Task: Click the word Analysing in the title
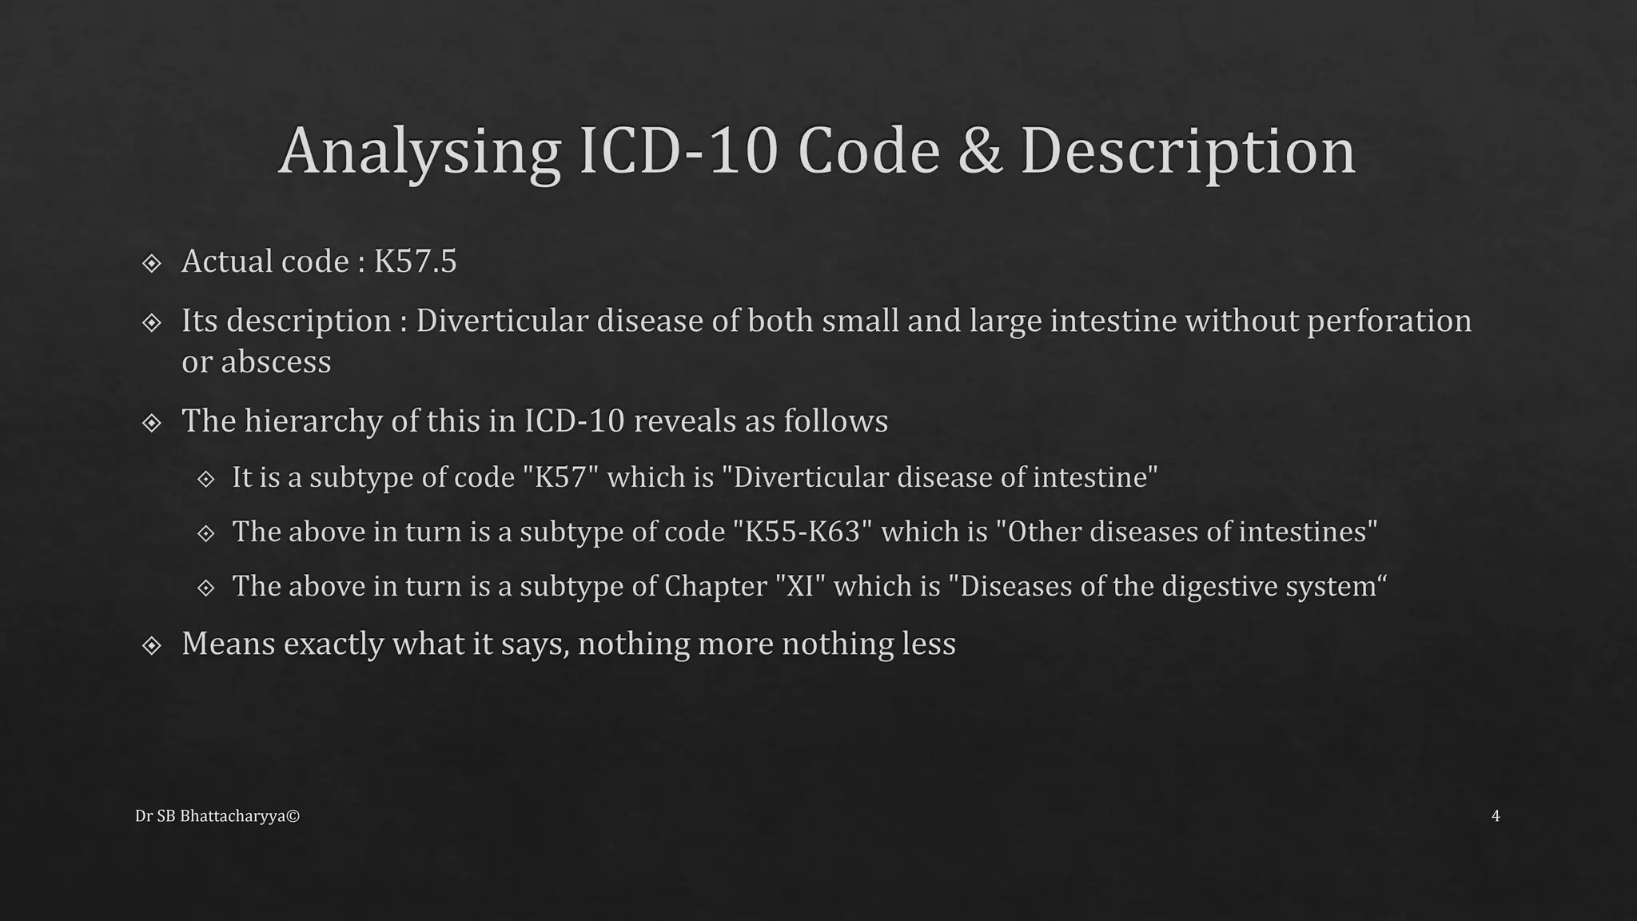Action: (419, 151)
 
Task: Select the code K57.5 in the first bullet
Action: (416, 261)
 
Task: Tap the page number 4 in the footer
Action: (1496, 815)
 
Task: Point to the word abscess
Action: (277, 361)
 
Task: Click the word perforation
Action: (1389, 321)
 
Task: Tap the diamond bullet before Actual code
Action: (151, 263)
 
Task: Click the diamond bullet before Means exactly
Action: (151, 645)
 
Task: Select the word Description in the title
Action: (1188, 151)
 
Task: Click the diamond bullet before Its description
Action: (151, 322)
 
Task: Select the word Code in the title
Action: (869, 151)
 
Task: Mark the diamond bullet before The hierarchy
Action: (151, 422)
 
